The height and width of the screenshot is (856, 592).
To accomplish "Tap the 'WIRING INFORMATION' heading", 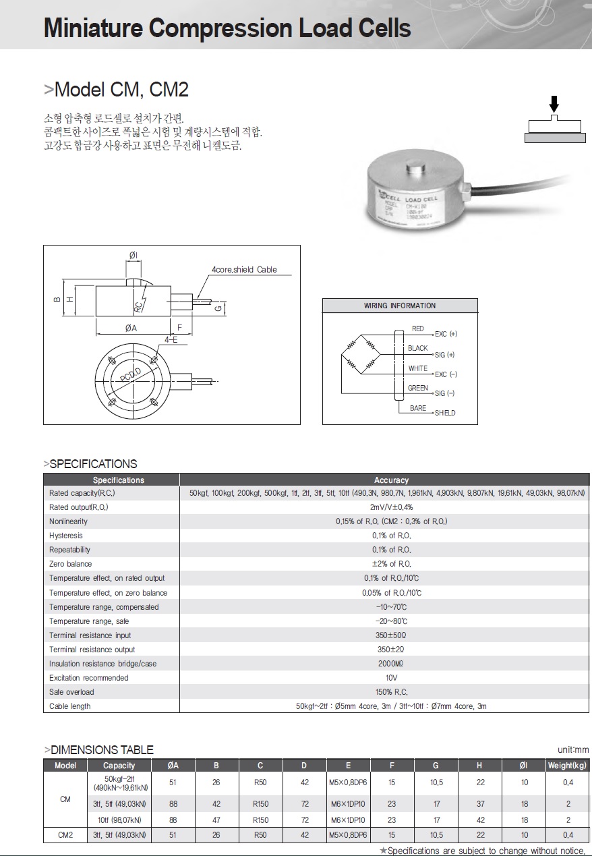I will point(400,306).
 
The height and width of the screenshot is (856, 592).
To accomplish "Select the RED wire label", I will point(418,329).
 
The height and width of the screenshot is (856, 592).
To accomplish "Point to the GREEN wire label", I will point(418,389).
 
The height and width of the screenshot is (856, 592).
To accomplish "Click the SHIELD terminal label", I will point(445,413).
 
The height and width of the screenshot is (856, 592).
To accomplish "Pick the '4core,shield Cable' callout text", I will point(244,270).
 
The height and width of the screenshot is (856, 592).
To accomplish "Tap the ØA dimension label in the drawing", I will point(131,328).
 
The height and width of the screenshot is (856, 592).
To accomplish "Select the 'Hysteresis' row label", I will point(66,536).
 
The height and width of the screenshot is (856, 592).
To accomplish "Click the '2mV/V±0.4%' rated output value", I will point(391,507).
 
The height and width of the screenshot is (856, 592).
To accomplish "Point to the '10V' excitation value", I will point(391,678).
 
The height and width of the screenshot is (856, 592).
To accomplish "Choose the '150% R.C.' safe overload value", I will point(391,692).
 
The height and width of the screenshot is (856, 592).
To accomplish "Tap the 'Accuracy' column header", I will point(391,480).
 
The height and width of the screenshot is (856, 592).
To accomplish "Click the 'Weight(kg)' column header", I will point(567,766).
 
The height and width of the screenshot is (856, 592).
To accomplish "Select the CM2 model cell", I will point(65,835).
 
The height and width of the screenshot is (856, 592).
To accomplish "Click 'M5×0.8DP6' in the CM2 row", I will point(348,835).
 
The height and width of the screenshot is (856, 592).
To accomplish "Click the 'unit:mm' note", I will point(573,749).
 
